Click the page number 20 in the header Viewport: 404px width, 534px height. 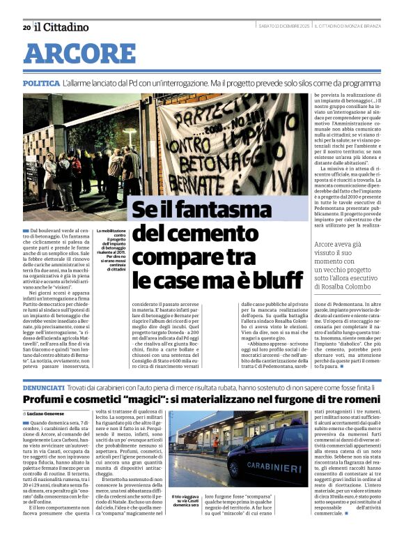(x=26, y=27)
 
